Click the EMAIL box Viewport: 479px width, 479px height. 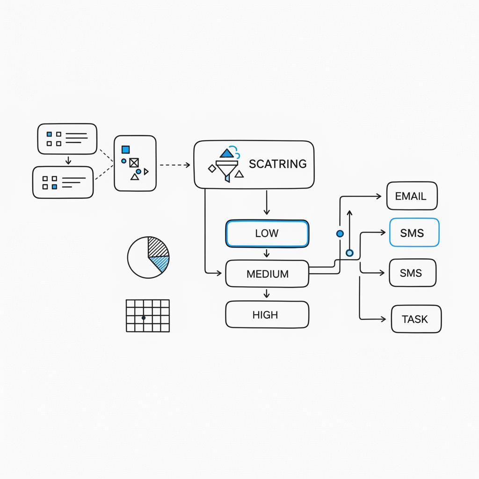(412, 196)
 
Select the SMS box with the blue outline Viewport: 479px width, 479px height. (414, 232)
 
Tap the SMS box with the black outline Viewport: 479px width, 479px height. (412, 273)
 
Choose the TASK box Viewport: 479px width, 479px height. (416, 319)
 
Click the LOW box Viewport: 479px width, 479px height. (267, 233)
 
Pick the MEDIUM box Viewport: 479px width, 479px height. (267, 274)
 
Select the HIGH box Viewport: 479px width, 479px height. (267, 315)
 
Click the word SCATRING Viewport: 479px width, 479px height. (278, 164)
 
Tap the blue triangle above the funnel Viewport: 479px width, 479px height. (227, 153)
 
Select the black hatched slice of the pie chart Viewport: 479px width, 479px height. (158, 247)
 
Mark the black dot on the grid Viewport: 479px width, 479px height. (144, 318)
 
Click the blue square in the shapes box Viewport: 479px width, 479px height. (125, 149)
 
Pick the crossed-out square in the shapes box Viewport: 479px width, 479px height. (134, 163)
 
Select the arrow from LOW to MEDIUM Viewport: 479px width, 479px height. (267, 253)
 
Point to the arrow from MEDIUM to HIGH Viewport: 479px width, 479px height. (267, 294)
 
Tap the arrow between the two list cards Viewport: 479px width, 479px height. (68, 160)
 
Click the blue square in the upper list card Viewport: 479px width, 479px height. (49, 134)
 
